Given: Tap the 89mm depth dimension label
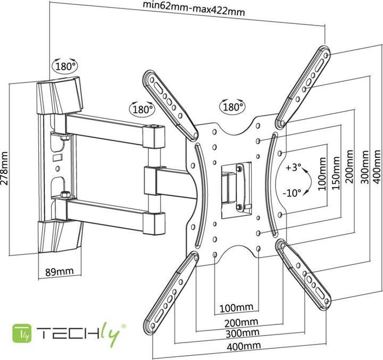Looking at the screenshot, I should [x=59, y=272].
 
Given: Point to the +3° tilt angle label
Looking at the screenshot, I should [x=293, y=167].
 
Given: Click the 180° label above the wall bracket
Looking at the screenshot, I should [x=64, y=66].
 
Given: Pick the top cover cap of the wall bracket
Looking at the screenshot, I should [x=59, y=96].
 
